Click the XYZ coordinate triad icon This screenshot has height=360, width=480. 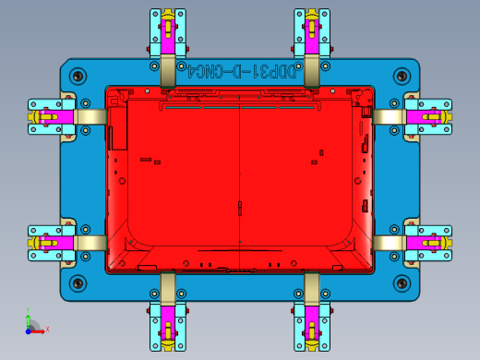33,324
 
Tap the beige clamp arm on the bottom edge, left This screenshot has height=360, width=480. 168,285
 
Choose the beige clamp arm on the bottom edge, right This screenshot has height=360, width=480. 311,285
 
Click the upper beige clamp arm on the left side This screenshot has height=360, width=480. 90,116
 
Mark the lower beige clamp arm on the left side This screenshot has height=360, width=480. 90,242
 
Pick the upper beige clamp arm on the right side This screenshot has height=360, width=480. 389,116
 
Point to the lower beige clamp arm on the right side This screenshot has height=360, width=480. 389,242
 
